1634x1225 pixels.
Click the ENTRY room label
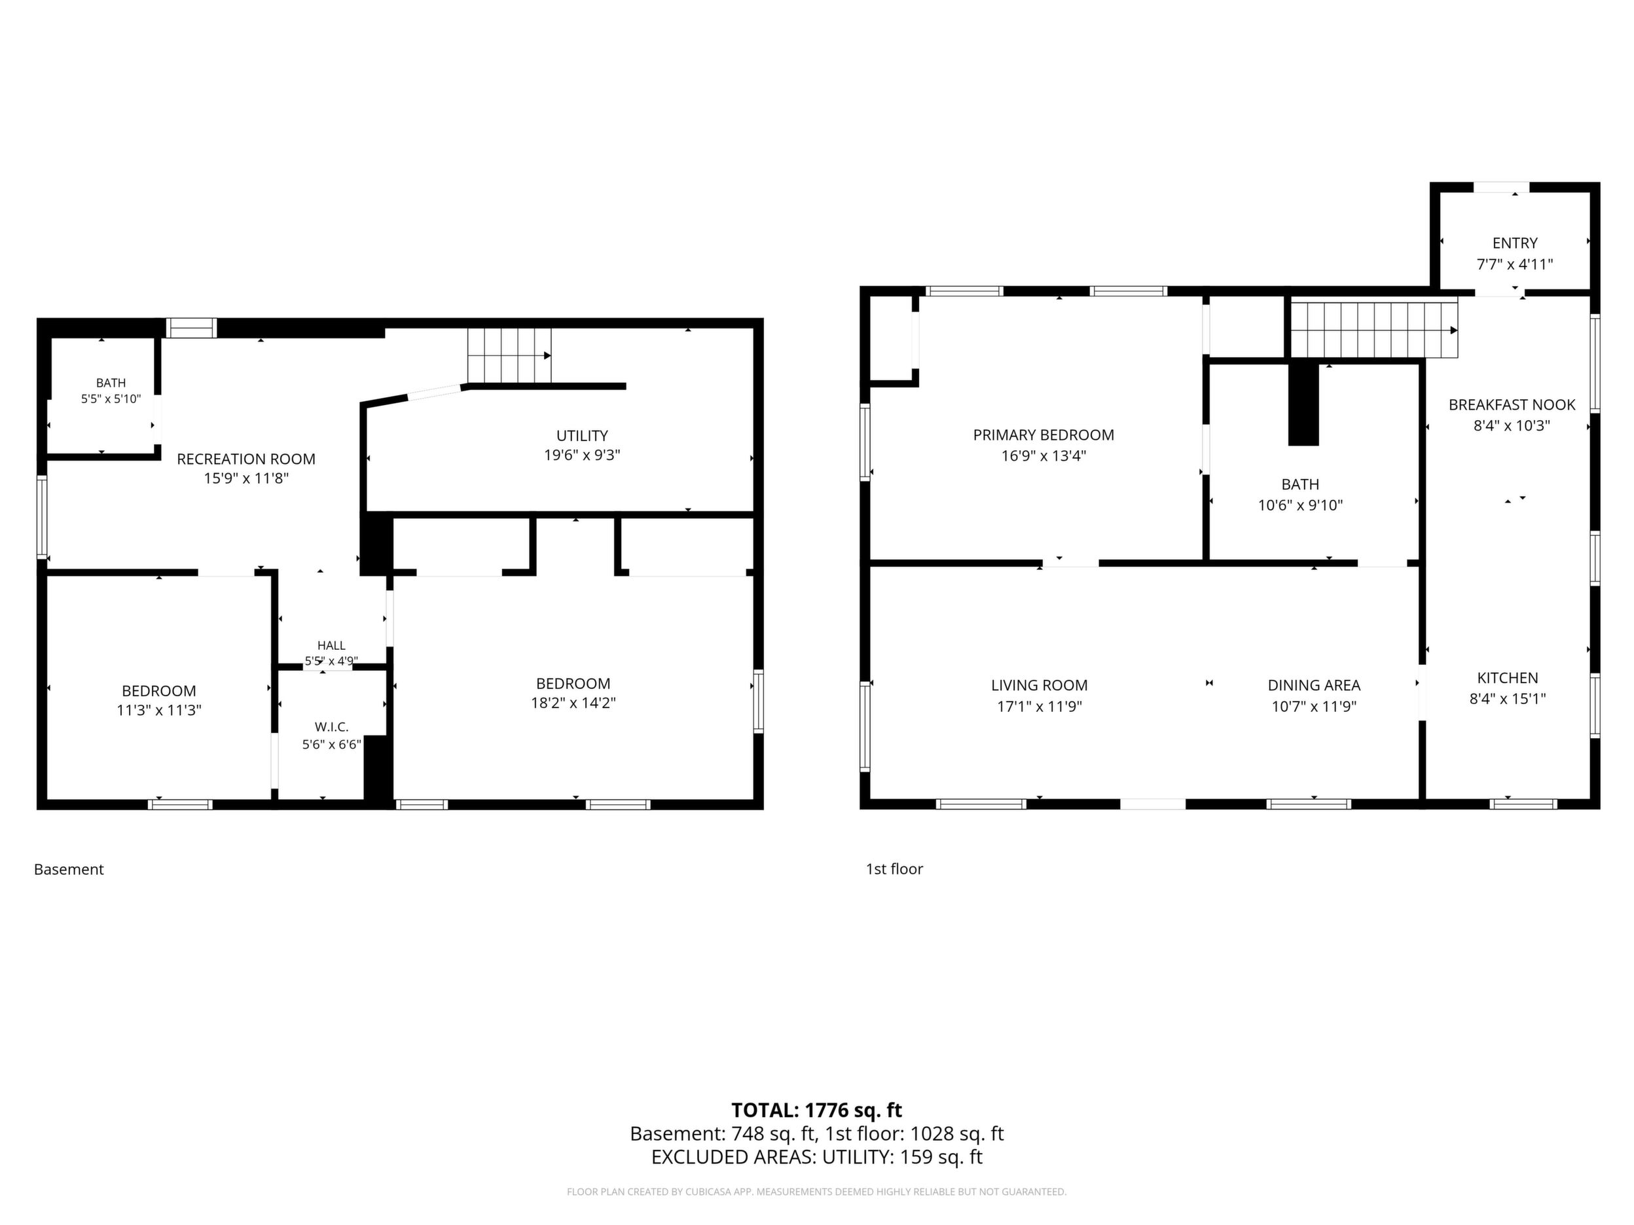[x=1514, y=243]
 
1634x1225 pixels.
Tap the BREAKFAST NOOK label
[x=1512, y=404]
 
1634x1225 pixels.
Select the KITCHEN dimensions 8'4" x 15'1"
[x=1507, y=698]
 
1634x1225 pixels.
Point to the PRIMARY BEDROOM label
[x=1043, y=435]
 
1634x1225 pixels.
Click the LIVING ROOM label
[x=1040, y=685]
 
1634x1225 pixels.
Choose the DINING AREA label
[x=1314, y=685]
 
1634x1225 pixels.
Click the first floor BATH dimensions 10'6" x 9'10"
[x=1300, y=505]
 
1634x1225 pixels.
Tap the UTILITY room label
[x=582, y=436]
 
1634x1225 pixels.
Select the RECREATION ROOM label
[x=246, y=459]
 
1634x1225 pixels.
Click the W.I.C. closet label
[x=332, y=727]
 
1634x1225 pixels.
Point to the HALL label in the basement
[x=331, y=645]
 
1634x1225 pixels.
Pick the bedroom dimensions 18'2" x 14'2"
[x=573, y=703]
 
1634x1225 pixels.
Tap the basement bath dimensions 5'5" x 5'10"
[x=111, y=399]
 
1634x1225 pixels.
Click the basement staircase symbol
[x=510, y=356]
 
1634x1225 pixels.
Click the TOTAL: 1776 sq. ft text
[x=816, y=1110]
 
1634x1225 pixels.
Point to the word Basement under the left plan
[x=69, y=869]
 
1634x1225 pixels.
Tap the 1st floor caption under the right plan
[x=894, y=869]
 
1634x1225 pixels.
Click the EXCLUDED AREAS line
[x=816, y=1157]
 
